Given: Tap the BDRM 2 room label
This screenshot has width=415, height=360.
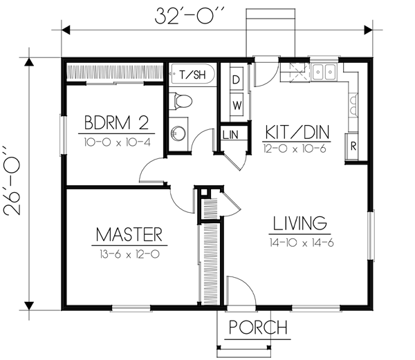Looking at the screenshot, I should click(x=117, y=124).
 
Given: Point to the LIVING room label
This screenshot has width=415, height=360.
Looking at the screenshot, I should click(x=299, y=223).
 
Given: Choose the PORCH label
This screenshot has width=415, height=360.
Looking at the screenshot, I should click(x=257, y=327).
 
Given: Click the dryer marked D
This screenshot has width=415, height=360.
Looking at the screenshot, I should click(x=235, y=79).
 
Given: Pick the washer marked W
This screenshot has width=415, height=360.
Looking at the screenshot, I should click(x=236, y=105).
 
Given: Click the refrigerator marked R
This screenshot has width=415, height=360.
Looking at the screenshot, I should click(x=353, y=146).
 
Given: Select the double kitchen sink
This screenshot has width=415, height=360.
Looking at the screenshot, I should click(x=323, y=70).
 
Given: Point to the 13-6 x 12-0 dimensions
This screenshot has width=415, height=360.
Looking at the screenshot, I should click(x=129, y=254).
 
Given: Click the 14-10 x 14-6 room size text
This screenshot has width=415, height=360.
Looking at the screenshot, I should click(x=299, y=242).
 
